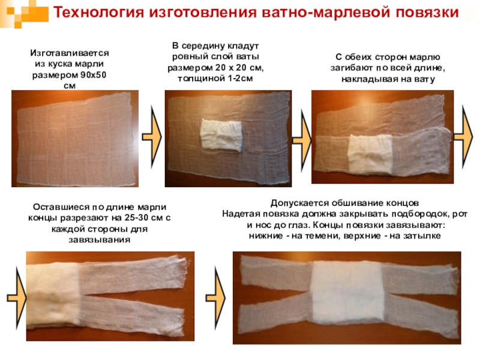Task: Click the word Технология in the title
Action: point(98,13)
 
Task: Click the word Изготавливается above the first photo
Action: point(70,53)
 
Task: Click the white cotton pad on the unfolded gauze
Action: point(221,134)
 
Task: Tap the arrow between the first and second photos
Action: point(152,137)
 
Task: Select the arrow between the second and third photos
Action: point(302,140)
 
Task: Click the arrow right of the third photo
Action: point(463,137)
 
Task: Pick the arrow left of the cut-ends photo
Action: point(17,298)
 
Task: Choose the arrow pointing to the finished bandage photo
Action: point(215,298)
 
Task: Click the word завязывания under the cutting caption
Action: point(100,239)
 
